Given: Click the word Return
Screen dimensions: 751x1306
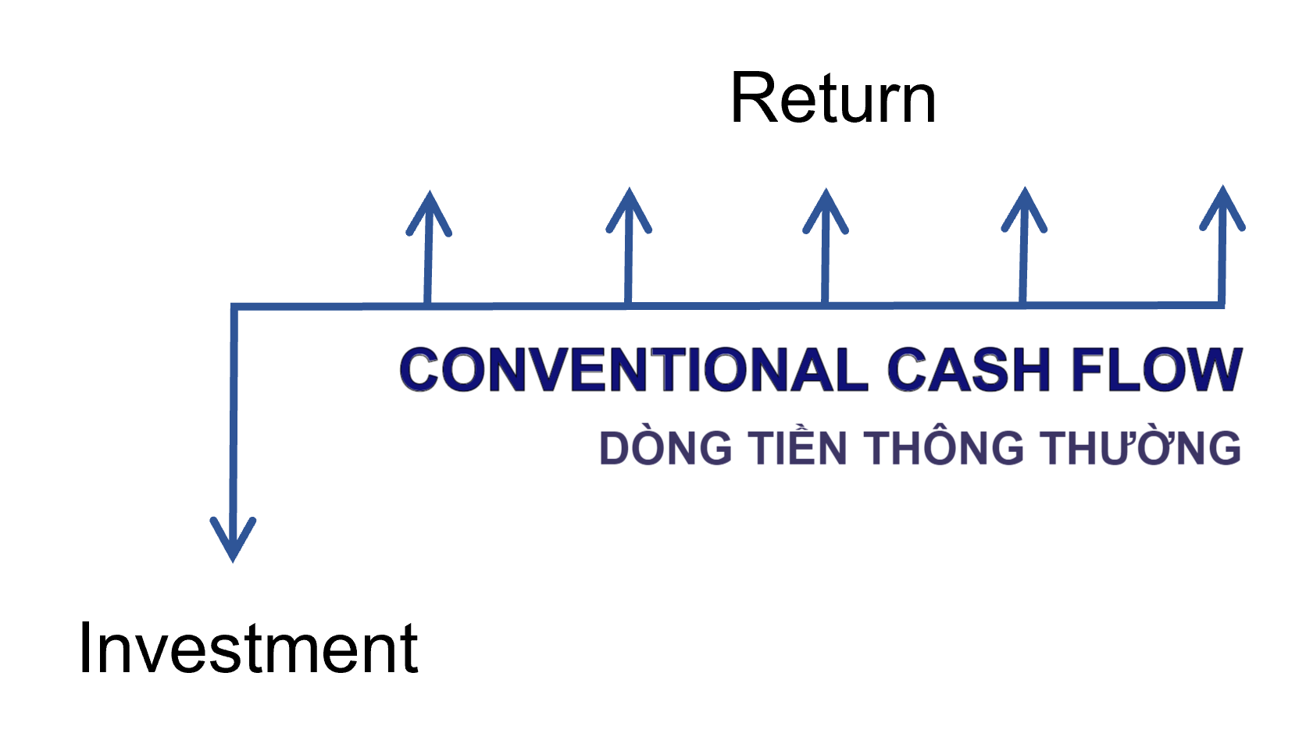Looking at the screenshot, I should coord(833,99).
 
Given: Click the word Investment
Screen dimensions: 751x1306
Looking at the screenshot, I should coord(248,648).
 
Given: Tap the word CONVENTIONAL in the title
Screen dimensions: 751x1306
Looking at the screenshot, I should coord(633,369).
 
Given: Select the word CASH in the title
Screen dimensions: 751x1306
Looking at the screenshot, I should coord(969,369).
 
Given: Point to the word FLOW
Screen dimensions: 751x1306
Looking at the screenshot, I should coord(1155,369).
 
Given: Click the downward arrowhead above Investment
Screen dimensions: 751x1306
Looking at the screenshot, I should coord(233,539).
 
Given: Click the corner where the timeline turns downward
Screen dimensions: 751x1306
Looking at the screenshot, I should coord(234,307).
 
